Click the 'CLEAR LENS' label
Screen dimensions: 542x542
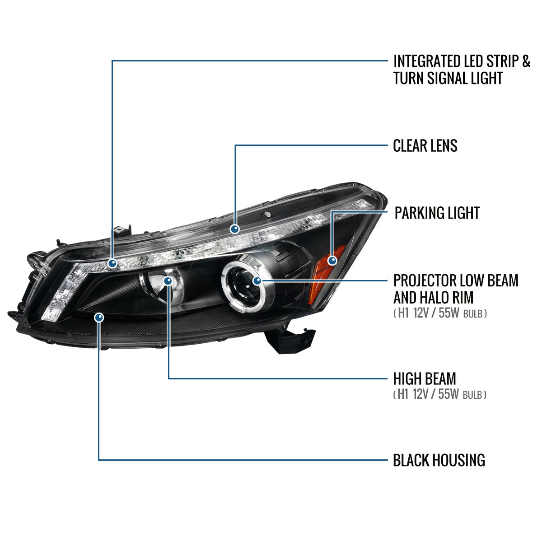coord(425,146)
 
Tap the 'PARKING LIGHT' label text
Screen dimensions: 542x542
coord(437,213)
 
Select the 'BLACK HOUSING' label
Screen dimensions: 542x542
coord(439,460)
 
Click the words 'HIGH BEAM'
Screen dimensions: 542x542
coord(424,378)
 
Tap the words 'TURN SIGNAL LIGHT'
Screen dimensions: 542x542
coord(448,78)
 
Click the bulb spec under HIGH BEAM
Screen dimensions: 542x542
coord(439,394)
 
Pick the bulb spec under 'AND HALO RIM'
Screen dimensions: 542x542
coord(439,313)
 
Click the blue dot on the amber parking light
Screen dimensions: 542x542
coord(332,261)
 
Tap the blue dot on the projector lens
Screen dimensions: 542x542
coord(257,281)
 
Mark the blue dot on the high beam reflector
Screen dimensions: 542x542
coord(168,281)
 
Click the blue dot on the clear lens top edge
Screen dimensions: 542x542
coord(234,229)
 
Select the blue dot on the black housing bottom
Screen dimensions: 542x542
coord(99,318)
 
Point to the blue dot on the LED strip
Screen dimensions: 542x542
coord(112,263)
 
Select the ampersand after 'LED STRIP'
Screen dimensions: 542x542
coord(526,61)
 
